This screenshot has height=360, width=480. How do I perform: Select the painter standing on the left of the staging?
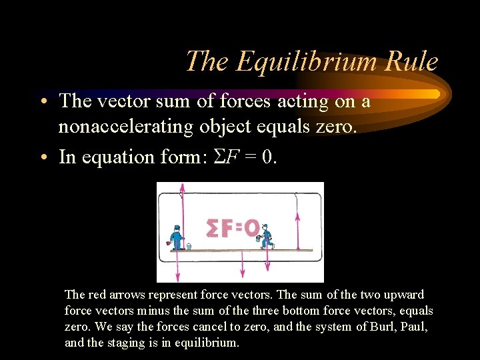[x=176, y=237]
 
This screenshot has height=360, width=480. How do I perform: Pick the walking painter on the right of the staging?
[x=267, y=236]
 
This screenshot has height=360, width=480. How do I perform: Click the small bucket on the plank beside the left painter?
[x=189, y=246]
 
